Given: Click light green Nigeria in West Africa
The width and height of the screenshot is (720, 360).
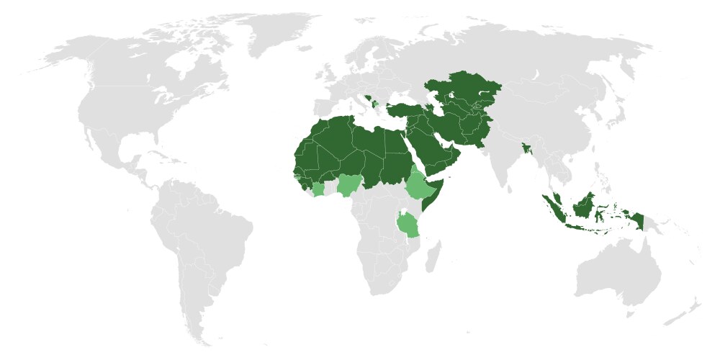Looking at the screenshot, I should coord(349,185).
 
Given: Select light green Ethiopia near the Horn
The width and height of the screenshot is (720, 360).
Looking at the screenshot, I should coord(419,186).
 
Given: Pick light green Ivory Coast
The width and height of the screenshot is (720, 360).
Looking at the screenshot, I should coord(318,190).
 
